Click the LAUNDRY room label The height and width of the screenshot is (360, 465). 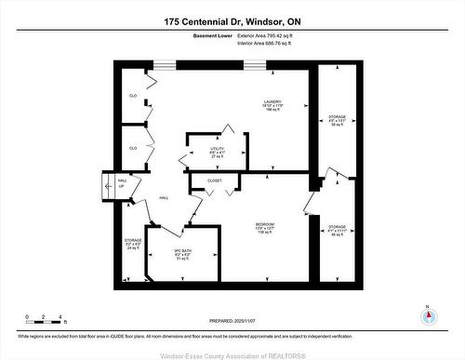272,102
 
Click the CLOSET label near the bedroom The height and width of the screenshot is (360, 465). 214,180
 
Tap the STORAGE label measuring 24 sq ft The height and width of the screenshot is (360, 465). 133,244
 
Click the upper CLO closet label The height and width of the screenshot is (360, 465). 133,96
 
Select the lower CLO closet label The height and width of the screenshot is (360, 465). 133,148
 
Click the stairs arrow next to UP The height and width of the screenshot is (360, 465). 110,186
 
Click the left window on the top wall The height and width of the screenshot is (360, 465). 165,64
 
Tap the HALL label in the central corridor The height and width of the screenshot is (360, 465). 164,198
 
